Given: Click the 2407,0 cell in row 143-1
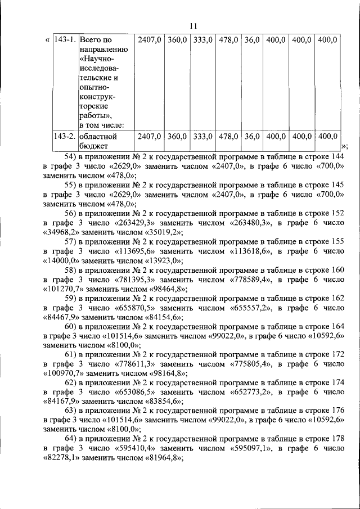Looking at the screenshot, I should click(x=150, y=40).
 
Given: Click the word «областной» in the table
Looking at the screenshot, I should click(x=97, y=136).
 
